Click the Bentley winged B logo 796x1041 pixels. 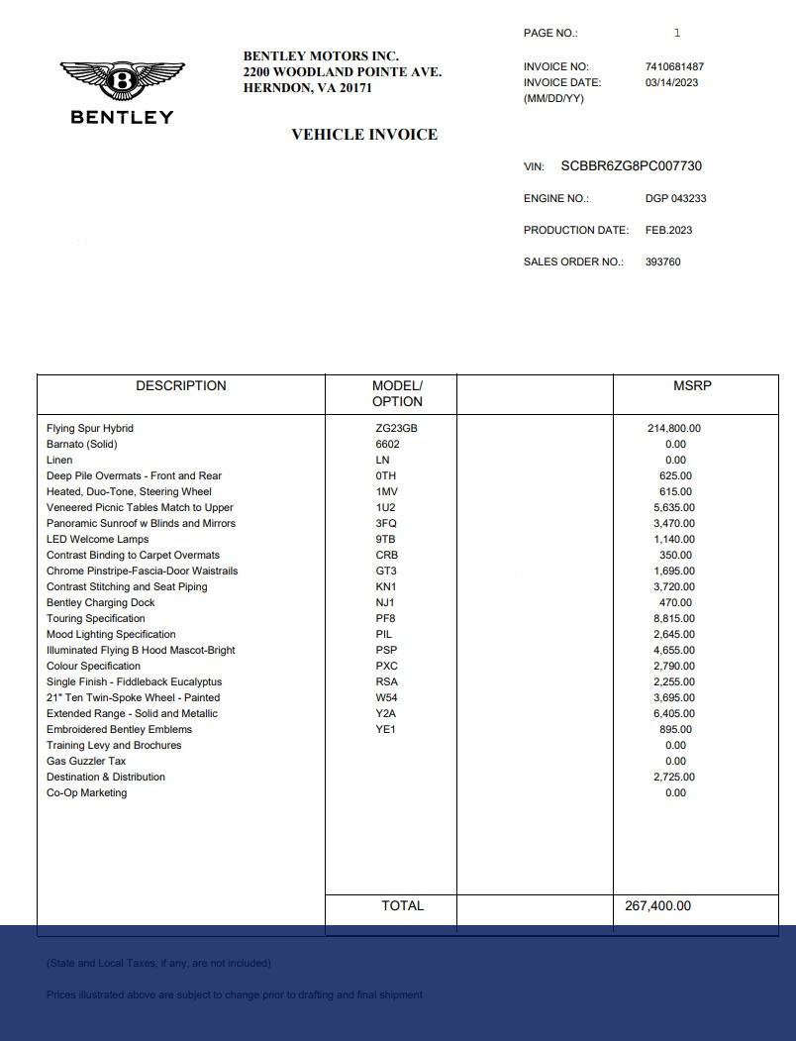pos(122,80)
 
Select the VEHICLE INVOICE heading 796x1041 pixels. pos(364,135)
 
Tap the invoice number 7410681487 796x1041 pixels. pos(674,66)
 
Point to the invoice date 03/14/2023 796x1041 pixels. pos(671,82)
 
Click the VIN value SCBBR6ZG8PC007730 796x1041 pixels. pos(631,166)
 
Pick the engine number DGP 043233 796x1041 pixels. pos(675,198)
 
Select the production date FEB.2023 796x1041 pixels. pos(668,230)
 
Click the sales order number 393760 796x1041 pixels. pos(662,261)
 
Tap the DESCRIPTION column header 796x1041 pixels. pos(181,386)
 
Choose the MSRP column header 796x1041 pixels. pos(692,386)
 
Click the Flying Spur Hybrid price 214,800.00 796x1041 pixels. pos(673,428)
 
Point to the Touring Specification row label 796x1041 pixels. pos(96,618)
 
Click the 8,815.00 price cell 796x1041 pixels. pos(674,618)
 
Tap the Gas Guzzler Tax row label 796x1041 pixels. pos(86,761)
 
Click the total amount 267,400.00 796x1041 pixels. pos(658,905)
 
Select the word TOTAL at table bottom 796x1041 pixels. pos(402,905)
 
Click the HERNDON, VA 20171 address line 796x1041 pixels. pos(307,88)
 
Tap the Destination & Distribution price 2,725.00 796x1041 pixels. pos(674,777)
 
